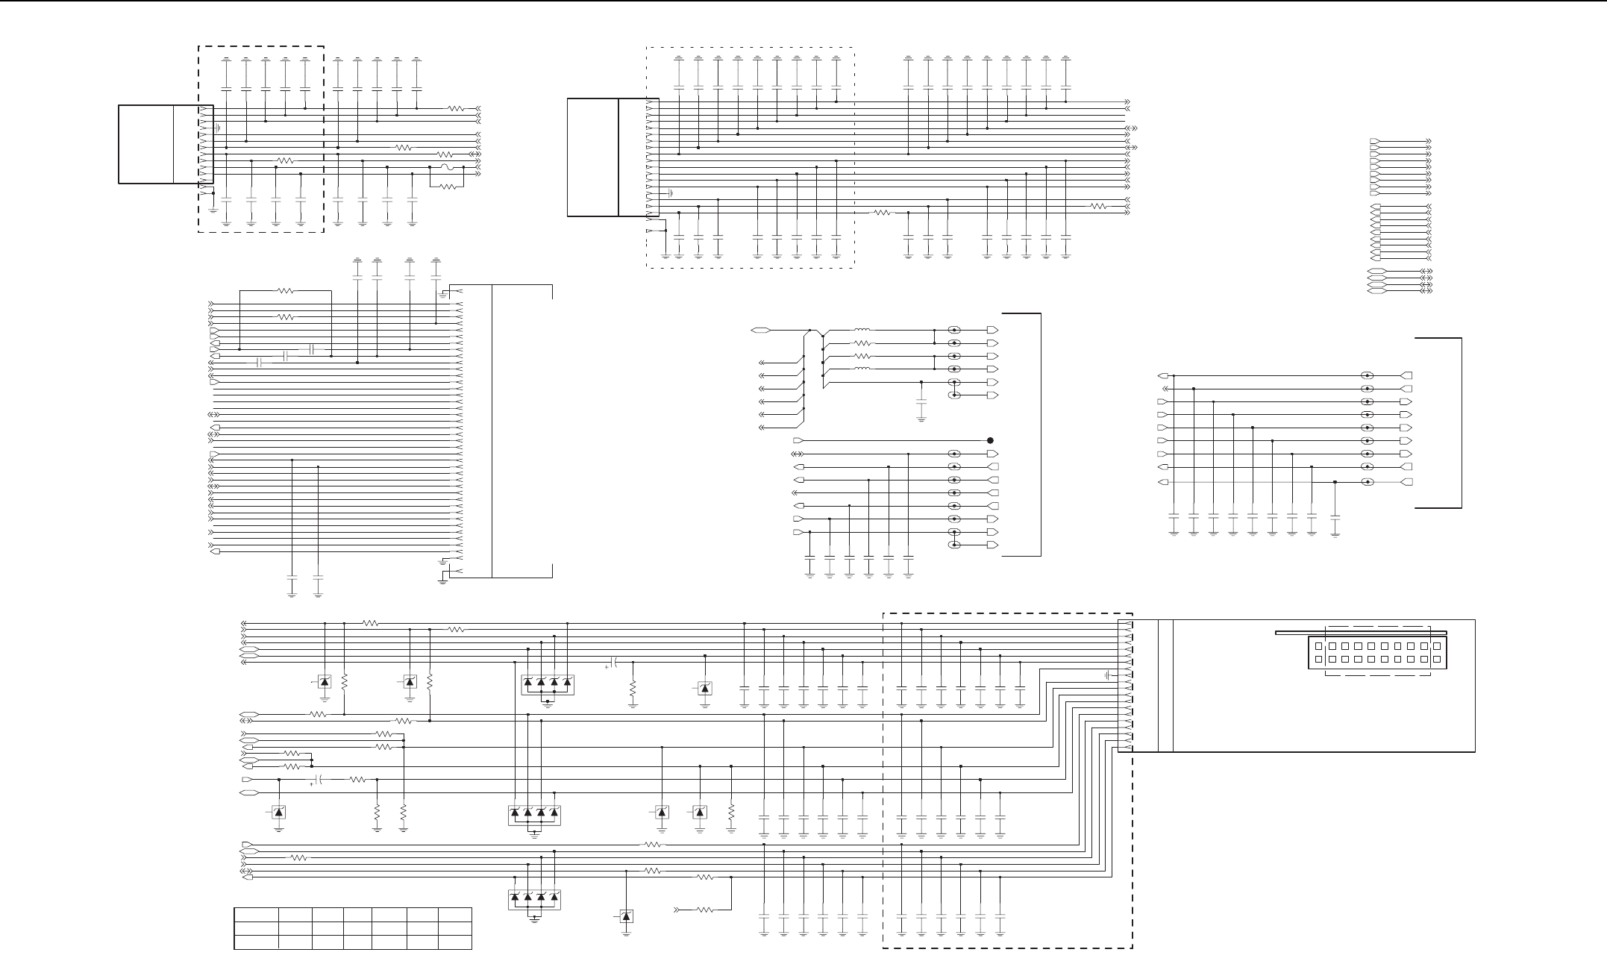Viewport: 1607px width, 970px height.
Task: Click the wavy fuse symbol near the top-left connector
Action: [x=446, y=167]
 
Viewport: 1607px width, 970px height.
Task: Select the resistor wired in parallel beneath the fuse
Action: [x=447, y=187]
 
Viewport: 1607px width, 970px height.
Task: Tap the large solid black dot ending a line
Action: [x=990, y=440]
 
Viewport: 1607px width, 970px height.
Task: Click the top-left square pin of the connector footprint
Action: [x=1318, y=646]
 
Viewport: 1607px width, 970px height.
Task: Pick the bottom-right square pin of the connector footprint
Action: [x=1436, y=660]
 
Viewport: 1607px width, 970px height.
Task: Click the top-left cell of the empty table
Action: [x=257, y=915]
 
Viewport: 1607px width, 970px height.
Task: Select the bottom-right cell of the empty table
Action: [x=454, y=942]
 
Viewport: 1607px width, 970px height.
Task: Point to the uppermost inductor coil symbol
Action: [x=862, y=330]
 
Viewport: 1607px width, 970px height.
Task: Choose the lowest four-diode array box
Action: [x=534, y=898]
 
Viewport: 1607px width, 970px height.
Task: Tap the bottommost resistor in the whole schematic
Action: [x=704, y=910]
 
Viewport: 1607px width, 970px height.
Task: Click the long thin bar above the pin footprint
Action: [x=1362, y=633]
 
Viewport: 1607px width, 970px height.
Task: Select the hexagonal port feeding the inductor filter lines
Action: [x=761, y=330]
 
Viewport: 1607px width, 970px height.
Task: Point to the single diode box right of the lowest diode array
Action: [x=626, y=916]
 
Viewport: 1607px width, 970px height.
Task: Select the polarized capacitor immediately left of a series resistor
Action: [x=319, y=780]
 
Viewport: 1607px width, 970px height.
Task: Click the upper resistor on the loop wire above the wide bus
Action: [x=286, y=291]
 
